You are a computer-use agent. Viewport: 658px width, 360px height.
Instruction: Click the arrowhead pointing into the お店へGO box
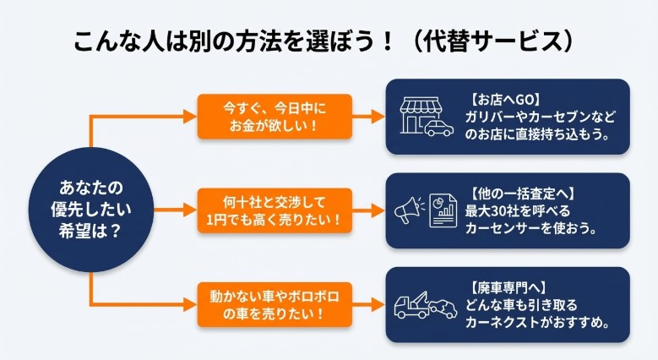click(378, 116)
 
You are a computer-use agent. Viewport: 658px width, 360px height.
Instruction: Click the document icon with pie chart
click(442, 210)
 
